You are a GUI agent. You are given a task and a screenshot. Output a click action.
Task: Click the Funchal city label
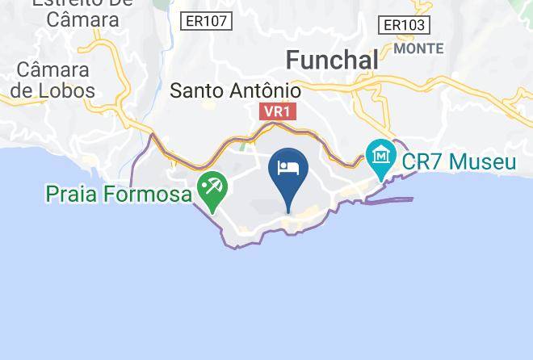tap(332, 60)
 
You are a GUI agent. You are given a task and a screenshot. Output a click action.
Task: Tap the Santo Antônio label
tap(235, 90)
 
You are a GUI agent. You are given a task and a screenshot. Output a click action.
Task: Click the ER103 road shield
tap(404, 26)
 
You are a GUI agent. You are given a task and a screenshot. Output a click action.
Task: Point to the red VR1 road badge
tap(276, 112)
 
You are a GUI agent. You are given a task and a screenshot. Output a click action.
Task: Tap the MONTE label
tap(418, 48)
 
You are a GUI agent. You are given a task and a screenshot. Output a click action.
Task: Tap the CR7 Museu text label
tap(459, 161)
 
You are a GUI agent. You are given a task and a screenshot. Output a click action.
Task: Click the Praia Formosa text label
tap(120, 194)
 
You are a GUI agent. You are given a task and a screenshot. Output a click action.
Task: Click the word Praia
tap(71, 194)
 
